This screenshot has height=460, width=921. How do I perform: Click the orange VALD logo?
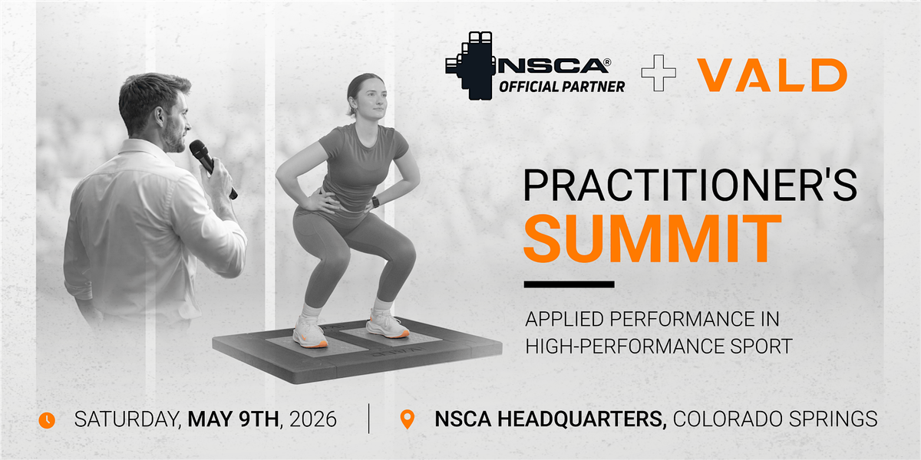[772, 75]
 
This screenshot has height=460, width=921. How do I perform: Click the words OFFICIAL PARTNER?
[562, 87]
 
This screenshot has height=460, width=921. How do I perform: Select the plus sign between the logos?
[659, 73]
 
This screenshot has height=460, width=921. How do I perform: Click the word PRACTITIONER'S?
[690, 186]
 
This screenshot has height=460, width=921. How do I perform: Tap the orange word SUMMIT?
[652, 238]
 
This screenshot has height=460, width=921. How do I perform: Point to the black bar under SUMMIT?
[569, 284]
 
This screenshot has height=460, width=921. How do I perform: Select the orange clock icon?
[47, 420]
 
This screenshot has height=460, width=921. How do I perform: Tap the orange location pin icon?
[407, 419]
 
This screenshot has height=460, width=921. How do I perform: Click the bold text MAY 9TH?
[233, 419]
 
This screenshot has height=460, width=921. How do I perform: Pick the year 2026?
[313, 419]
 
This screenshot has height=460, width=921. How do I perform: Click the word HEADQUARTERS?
[582, 419]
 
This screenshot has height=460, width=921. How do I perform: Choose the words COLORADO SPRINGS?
[775, 419]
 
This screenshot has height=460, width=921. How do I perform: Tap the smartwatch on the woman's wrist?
[375, 202]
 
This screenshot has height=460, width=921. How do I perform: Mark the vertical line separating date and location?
[369, 419]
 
